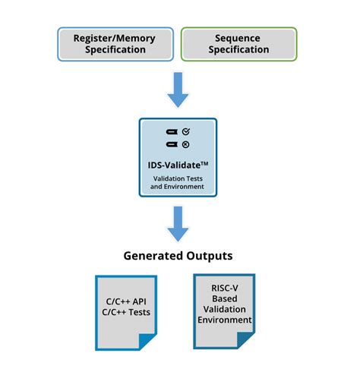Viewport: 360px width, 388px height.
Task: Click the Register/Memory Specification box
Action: pyautogui.click(x=115, y=44)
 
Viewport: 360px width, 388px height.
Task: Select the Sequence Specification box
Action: pyautogui.click(x=238, y=44)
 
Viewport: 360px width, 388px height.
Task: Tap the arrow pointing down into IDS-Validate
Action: pyautogui.click(x=178, y=90)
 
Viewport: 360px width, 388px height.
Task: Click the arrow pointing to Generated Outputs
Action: pyautogui.click(x=178, y=224)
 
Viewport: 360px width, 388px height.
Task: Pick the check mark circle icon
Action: pyautogui.click(x=186, y=131)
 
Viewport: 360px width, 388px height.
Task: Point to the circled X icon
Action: pyautogui.click(x=185, y=144)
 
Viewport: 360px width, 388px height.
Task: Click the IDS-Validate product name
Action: pyautogui.click(x=175, y=166)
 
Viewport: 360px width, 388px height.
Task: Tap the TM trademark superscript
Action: pyautogui.click(x=204, y=163)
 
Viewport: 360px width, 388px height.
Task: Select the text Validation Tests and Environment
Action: pyautogui.click(x=178, y=182)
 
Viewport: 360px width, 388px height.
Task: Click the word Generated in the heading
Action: pyautogui.click(x=153, y=256)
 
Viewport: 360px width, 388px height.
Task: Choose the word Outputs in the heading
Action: pyautogui.click(x=210, y=256)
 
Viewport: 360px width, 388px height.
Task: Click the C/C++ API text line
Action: pyautogui.click(x=126, y=301)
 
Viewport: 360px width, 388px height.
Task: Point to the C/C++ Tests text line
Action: pyautogui.click(x=126, y=312)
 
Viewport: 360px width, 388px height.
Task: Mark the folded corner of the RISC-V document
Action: pyautogui.click(x=245, y=340)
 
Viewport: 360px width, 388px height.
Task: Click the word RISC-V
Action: pyautogui.click(x=225, y=288)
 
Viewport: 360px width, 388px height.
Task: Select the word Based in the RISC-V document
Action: pyautogui.click(x=225, y=298)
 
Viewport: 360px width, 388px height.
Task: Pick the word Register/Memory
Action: pyautogui.click(x=114, y=39)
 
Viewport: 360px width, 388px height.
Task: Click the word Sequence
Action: pyautogui.click(x=238, y=38)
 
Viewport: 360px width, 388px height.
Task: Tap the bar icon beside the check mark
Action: pyautogui.click(x=172, y=131)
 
